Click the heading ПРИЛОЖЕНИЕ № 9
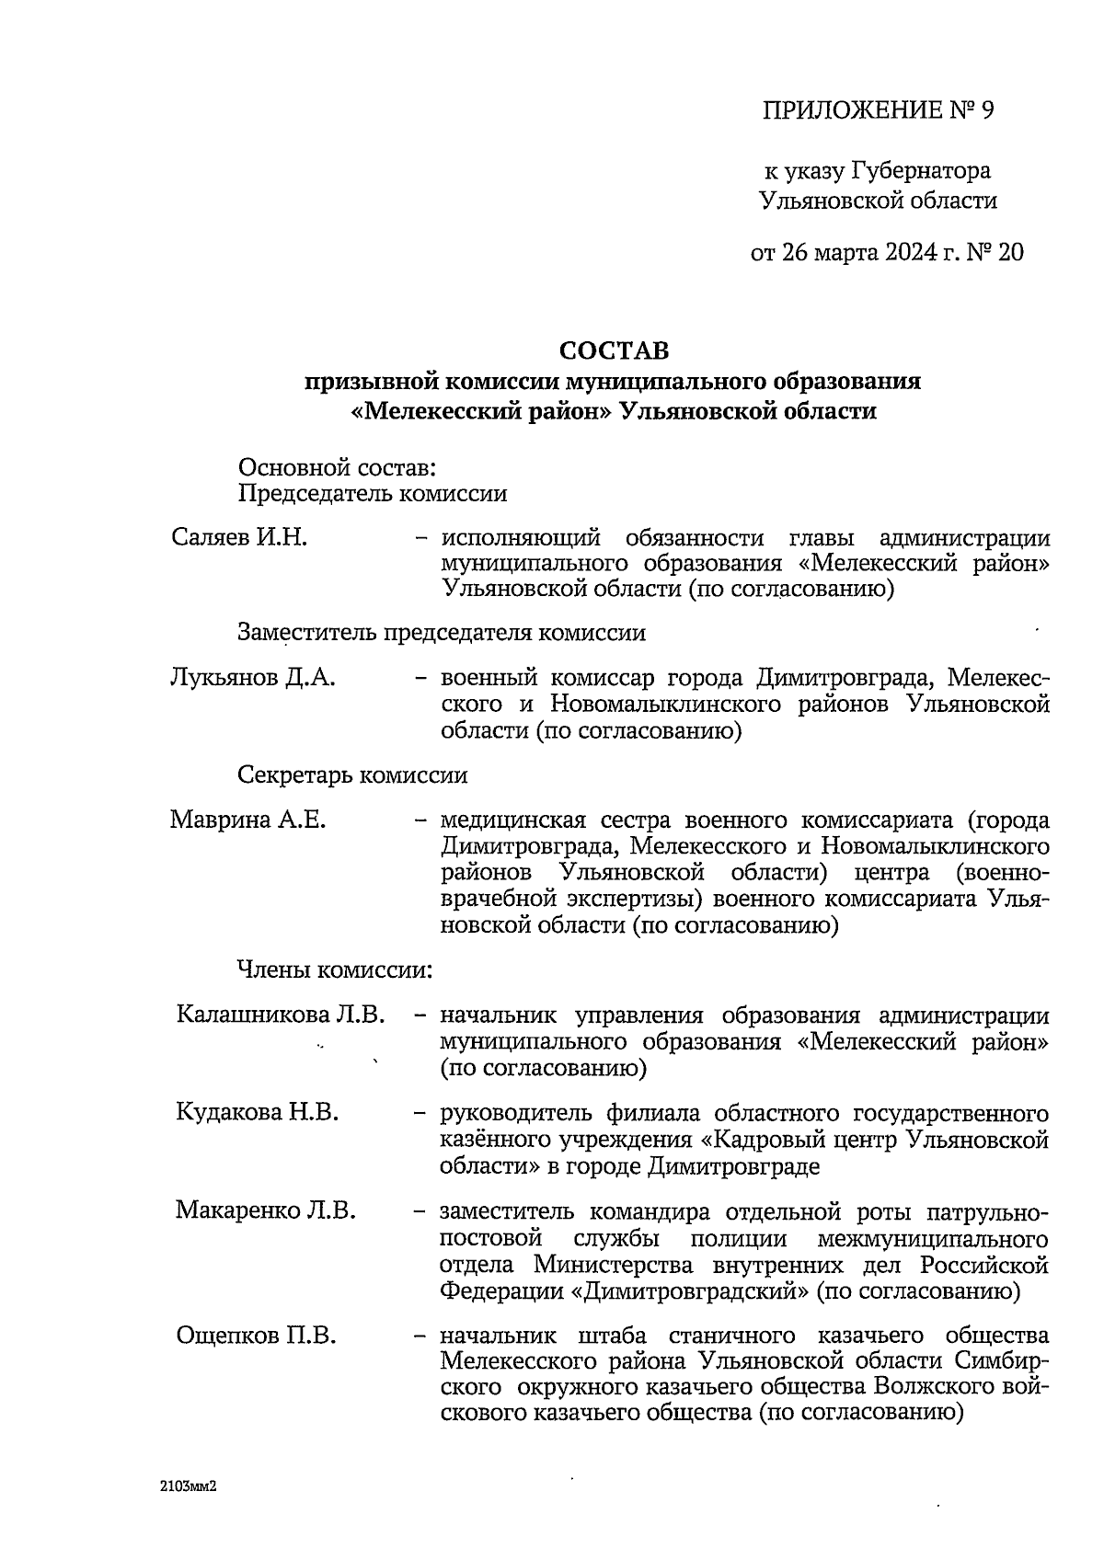[x=879, y=111]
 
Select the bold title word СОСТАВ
[x=615, y=350]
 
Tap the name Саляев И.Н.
[x=239, y=538]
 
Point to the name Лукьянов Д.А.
[x=253, y=679]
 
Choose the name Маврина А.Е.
[x=247, y=820]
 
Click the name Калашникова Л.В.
[x=280, y=1015]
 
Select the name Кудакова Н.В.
[x=257, y=1113]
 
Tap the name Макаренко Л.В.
[x=265, y=1210]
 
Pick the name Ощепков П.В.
[x=255, y=1335]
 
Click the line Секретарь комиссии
[x=352, y=775]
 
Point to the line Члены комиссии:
[x=335, y=969]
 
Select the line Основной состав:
[x=337, y=468]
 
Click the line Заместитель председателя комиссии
[x=442, y=633]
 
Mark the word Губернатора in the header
[x=921, y=171]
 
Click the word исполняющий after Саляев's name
[x=521, y=538]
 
